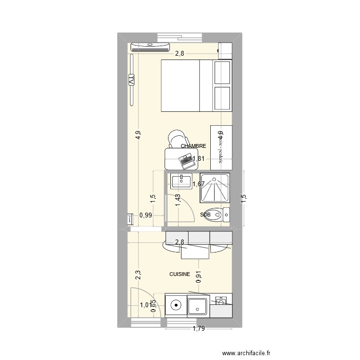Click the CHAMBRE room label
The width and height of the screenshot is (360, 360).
pos(193,146)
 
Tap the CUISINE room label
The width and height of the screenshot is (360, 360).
pos(180,275)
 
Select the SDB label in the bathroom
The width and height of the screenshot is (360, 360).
pos(206,215)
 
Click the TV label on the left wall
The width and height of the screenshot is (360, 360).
pos(131,81)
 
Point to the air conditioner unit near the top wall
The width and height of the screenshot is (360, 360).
pos(150,46)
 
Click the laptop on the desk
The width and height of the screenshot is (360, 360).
pos(185,159)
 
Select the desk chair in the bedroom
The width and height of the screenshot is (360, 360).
pos(176,139)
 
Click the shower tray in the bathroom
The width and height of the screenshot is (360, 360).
pos(215,188)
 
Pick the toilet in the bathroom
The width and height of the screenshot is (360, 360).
pos(224,215)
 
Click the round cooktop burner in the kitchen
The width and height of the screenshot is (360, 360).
pos(176,304)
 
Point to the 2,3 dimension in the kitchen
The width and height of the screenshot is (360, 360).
pos(138,275)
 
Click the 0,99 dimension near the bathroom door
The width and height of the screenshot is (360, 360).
pos(146,216)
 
